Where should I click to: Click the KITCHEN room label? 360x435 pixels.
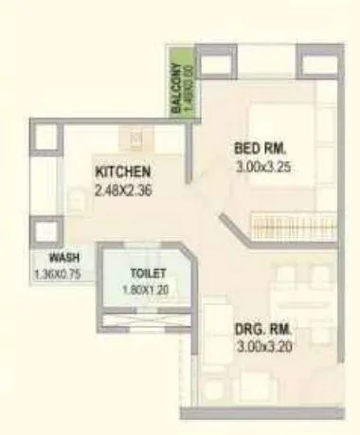123,172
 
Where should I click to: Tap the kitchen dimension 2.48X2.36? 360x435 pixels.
123,190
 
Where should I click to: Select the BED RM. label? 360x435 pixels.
260,149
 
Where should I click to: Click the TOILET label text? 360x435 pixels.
149,274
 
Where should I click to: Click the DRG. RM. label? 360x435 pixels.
263,331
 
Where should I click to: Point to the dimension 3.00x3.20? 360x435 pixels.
263,348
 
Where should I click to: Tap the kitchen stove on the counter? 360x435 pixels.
135,140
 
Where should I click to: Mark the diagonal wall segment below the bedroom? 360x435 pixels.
233,228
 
